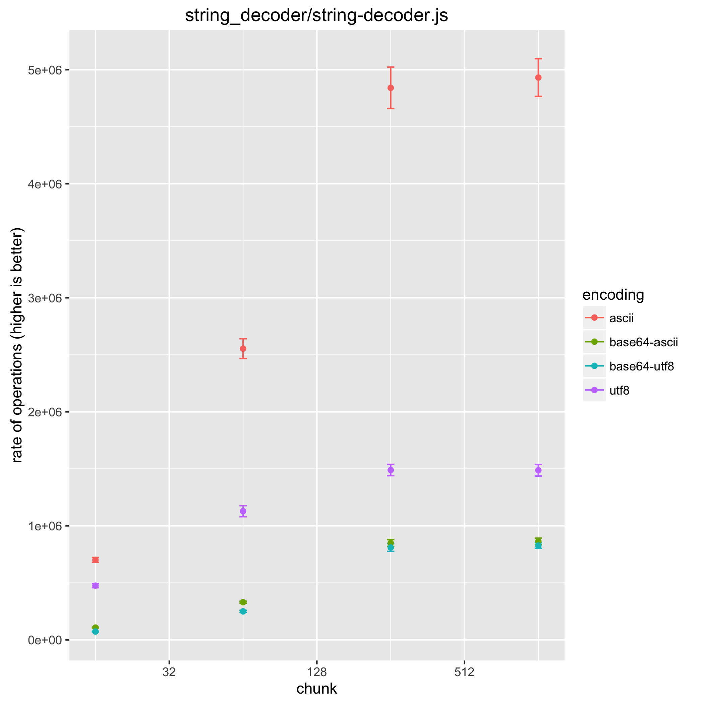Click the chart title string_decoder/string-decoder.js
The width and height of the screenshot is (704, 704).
point(316,16)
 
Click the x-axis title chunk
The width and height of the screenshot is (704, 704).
point(316,688)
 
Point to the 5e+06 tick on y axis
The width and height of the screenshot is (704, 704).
point(46,70)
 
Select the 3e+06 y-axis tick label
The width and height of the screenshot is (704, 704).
point(46,298)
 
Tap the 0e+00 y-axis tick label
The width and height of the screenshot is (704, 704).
point(46,640)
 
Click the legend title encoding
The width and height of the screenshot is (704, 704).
point(613,295)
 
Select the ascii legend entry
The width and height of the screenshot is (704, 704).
point(621,318)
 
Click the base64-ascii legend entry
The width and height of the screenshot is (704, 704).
point(643,342)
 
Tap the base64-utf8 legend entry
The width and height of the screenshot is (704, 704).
point(641,366)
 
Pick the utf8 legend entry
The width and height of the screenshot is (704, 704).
point(619,391)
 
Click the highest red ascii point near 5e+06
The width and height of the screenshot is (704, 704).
point(538,78)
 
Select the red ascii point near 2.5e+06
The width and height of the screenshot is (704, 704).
point(243,348)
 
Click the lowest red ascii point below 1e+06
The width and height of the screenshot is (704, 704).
point(96,560)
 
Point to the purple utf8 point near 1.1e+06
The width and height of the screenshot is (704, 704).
point(243,511)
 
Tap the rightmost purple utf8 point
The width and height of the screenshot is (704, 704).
point(538,470)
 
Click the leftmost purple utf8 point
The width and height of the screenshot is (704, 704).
point(96,586)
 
